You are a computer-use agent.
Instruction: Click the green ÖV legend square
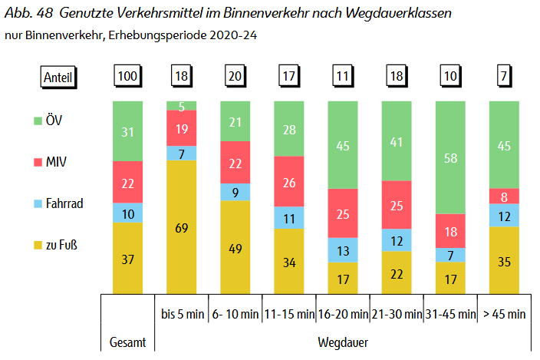click(38, 121)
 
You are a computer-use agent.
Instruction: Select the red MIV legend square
click(38, 162)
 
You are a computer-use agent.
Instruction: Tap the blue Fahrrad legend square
click(38, 204)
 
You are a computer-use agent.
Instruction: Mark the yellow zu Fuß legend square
click(38, 246)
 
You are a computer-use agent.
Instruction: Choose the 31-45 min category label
click(450, 313)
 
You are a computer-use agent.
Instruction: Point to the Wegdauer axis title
click(343, 339)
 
